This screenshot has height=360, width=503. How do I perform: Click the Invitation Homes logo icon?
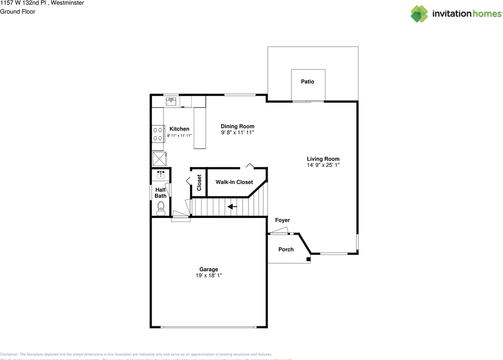click(419, 14)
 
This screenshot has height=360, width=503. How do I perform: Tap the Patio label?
click(307, 82)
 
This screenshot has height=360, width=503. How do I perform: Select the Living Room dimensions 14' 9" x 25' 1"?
click(323, 165)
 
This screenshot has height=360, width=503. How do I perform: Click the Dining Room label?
click(237, 126)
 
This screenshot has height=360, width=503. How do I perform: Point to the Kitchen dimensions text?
click(179, 135)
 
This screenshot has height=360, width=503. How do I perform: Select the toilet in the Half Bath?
click(160, 208)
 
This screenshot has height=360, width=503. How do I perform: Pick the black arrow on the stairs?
click(232, 206)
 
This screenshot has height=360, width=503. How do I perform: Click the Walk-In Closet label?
click(234, 182)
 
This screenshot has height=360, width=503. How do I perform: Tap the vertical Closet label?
click(199, 183)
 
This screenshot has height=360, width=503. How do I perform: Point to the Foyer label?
click(282, 220)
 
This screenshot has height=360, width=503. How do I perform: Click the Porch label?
click(286, 249)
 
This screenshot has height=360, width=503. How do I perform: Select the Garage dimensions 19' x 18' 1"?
click(208, 276)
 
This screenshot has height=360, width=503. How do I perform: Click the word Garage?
click(208, 269)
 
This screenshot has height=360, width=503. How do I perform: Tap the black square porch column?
click(308, 259)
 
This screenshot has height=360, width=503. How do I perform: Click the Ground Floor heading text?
click(18, 11)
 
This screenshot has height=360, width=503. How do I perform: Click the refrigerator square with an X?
click(160, 159)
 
